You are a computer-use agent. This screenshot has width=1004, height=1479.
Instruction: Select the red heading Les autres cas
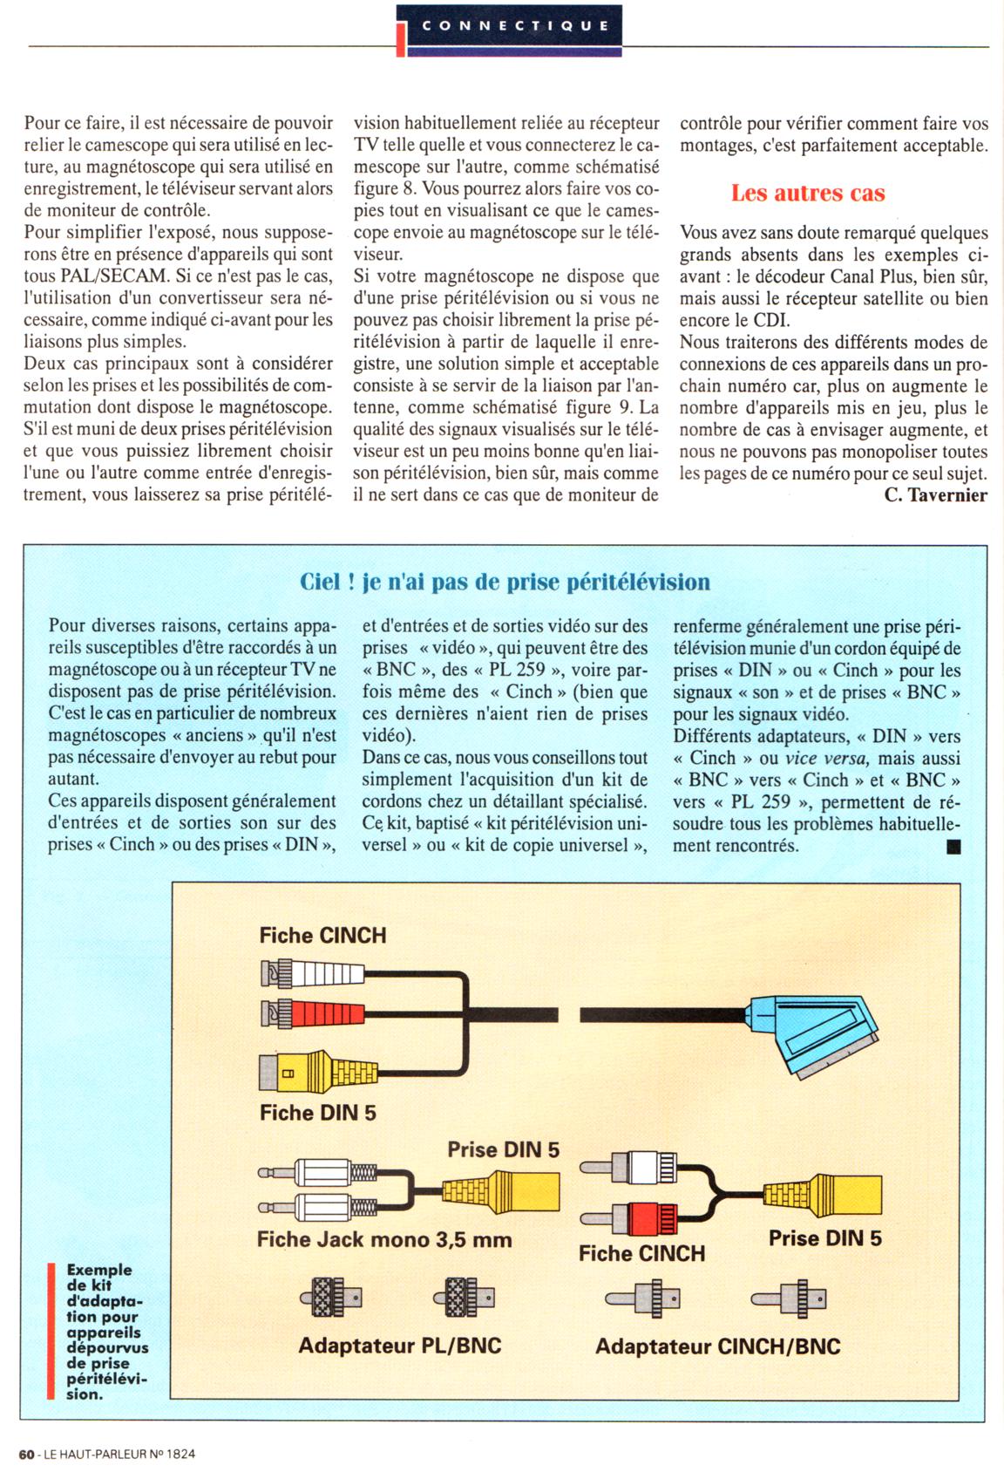(x=807, y=194)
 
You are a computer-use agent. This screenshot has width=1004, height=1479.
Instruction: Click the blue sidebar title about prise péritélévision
(x=505, y=582)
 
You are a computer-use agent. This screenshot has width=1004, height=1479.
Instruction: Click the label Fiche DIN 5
(x=317, y=1113)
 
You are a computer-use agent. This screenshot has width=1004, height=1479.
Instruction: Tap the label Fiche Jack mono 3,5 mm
(x=384, y=1239)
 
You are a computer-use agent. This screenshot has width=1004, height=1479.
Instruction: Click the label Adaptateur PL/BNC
(x=400, y=1346)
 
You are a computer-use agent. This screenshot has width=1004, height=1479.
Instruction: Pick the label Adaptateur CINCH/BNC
(x=717, y=1346)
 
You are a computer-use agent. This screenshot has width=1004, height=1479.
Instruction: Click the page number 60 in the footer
(x=26, y=1454)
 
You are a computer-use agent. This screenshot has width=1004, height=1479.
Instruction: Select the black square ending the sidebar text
(x=953, y=846)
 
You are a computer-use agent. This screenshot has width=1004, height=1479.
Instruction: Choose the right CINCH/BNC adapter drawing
(x=790, y=1298)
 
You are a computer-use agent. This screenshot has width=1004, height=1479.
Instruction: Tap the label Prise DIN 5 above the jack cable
(x=503, y=1149)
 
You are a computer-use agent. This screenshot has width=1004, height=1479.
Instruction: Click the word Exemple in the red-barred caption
(x=99, y=1270)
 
